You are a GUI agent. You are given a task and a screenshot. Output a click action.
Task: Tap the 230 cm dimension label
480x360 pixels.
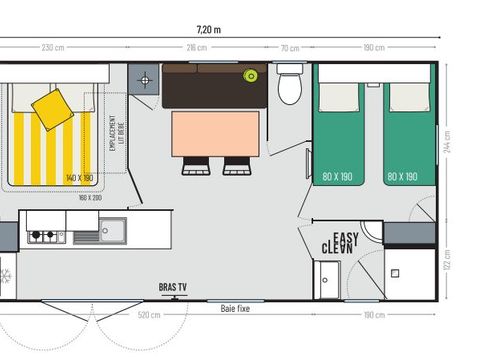click(x=52, y=48)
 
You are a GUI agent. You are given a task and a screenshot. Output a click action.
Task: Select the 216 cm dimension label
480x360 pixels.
click(x=197, y=48)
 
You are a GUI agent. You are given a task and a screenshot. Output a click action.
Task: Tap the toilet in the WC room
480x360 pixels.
click(x=290, y=86)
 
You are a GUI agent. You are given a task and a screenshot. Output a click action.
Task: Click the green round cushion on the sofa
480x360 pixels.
click(x=250, y=76)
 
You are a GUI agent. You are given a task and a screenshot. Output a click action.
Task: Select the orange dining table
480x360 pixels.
click(x=215, y=134)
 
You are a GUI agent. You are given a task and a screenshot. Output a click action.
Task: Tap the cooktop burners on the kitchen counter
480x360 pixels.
click(x=44, y=236)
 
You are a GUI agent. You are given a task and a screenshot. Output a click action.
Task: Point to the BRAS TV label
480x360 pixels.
click(x=173, y=288)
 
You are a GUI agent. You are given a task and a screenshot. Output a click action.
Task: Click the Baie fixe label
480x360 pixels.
click(x=235, y=309)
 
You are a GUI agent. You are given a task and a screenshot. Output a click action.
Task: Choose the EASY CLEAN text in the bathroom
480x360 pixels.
click(x=340, y=242)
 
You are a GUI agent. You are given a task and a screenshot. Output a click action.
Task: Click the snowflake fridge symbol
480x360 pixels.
click(x=5, y=274)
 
